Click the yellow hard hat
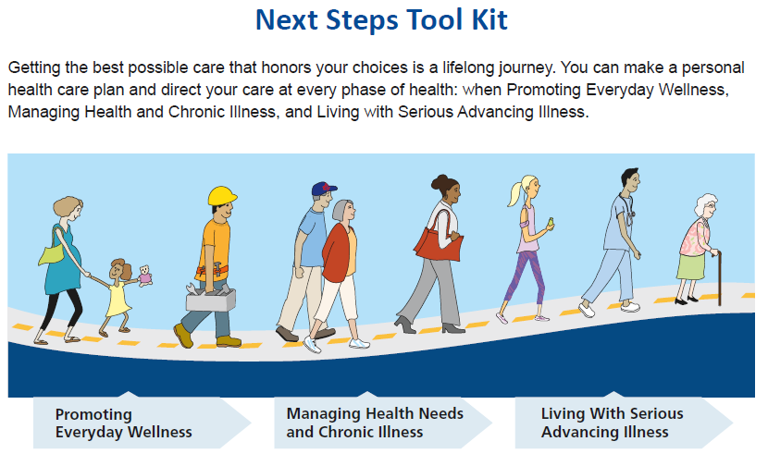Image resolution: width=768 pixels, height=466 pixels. point(222,196)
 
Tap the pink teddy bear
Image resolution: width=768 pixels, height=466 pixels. point(145,276)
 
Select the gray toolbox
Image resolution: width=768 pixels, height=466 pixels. point(211,298)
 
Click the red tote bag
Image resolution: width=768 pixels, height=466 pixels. point(439,240)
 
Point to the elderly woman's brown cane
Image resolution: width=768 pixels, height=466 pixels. point(719,278)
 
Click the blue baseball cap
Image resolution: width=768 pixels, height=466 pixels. point(323,189)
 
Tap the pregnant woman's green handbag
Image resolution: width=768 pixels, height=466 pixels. point(53,252)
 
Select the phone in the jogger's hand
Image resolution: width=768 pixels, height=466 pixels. point(551,223)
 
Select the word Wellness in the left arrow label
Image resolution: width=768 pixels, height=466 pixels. point(160,432)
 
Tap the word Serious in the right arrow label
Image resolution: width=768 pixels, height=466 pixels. point(656,413)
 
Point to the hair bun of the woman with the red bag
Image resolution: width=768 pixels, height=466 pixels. point(439,182)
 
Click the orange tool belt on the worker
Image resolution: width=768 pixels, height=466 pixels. point(213,271)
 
